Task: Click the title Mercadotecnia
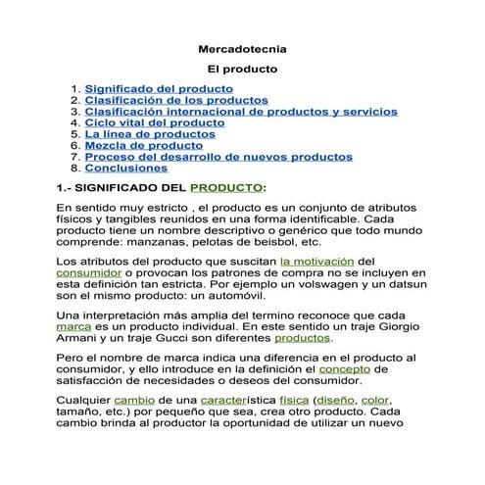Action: point(242,47)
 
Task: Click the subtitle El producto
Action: point(242,70)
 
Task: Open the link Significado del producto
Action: point(159,88)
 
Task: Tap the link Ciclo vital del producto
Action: point(154,122)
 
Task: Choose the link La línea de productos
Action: point(150,134)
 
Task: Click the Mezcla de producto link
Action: point(143,145)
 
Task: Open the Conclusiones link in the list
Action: point(125,168)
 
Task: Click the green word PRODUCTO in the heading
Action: point(225,186)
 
